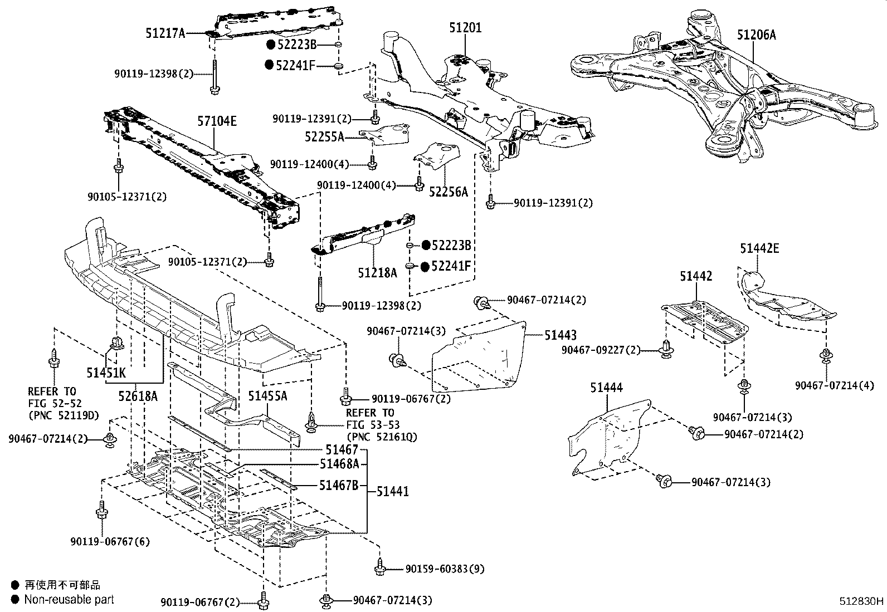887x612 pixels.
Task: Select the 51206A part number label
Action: point(756,35)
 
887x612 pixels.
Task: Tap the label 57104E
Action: point(217,121)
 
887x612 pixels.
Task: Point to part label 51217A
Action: point(165,33)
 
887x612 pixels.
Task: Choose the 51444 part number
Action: point(607,388)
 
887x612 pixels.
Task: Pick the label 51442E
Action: point(759,248)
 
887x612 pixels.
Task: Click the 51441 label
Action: point(392,491)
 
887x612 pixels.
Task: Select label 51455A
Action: point(267,396)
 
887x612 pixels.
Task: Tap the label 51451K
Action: point(106,371)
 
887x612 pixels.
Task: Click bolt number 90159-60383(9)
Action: point(445,569)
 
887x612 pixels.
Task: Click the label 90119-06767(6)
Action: point(110,541)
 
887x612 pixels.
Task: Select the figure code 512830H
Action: point(862,601)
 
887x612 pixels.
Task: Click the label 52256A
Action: point(449,192)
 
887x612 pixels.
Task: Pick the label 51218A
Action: point(378,273)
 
